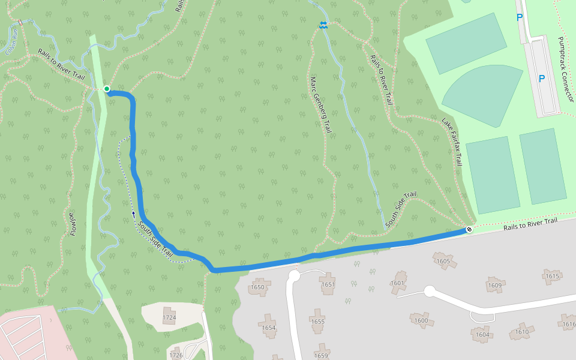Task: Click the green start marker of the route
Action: click(107, 89)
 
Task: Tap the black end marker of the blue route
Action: click(469, 229)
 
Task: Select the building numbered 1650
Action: click(259, 287)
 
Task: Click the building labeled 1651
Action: click(328, 284)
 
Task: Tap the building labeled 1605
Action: click(443, 261)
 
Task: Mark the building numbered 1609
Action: click(495, 285)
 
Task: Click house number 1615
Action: click(553, 276)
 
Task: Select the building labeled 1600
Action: click(421, 320)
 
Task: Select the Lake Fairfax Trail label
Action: click(452, 142)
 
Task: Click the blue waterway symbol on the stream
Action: click(323, 25)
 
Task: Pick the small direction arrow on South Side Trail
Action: click(133, 213)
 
